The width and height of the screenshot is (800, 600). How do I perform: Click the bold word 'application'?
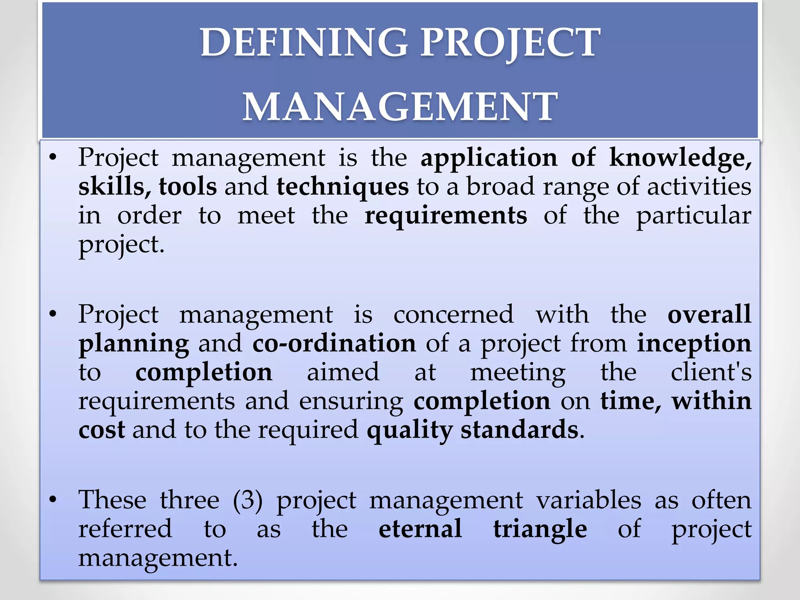[x=489, y=158]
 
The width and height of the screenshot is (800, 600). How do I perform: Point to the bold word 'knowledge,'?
[x=680, y=158]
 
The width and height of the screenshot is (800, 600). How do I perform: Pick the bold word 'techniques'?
[x=343, y=187]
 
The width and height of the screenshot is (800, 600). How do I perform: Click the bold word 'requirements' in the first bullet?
[x=445, y=216]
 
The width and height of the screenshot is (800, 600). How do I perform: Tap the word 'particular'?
[x=693, y=216]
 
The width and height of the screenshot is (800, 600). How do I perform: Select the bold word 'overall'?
[x=709, y=314]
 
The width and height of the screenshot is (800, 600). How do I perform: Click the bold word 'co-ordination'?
[x=334, y=343]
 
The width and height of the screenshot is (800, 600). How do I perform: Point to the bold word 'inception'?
[x=694, y=343]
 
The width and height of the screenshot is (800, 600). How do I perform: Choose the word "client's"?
[x=711, y=372]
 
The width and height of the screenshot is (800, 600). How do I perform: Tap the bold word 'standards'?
[x=519, y=430]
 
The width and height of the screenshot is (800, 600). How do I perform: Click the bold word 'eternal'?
[x=420, y=529]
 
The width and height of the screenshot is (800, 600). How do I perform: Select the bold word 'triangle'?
[x=540, y=530]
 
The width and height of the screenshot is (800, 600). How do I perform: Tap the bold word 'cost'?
[x=102, y=430]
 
